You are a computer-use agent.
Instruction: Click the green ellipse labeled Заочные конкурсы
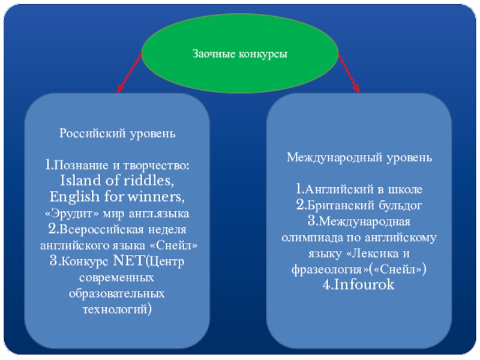[x=240, y=55]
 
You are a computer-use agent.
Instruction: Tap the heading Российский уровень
[x=117, y=133]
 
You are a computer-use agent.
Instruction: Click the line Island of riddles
[x=117, y=181]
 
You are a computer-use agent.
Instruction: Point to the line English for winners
[x=117, y=197]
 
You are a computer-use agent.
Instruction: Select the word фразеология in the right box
[x=328, y=269]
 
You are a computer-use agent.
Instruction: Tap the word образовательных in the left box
[x=117, y=294]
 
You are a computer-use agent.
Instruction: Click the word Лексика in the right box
[x=383, y=254]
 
